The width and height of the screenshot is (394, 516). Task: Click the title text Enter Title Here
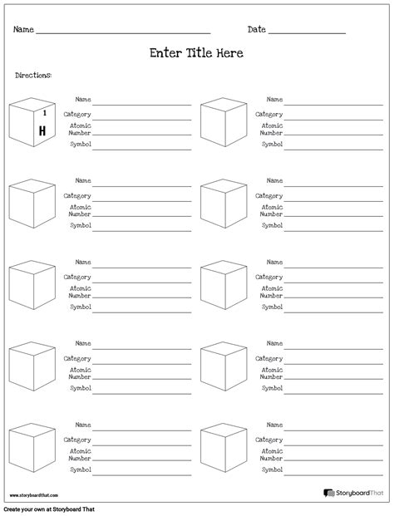pyautogui.click(x=196, y=53)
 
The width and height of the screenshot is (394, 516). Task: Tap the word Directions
pyautogui.click(x=33, y=76)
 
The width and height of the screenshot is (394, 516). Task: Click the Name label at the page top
pyautogui.click(x=23, y=30)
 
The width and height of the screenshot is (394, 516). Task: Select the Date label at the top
pyautogui.click(x=256, y=30)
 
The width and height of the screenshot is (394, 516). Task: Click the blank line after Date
pyautogui.click(x=307, y=32)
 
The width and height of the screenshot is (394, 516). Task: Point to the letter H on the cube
pyautogui.click(x=40, y=131)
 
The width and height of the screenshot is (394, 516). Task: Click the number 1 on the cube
pyautogui.click(x=44, y=111)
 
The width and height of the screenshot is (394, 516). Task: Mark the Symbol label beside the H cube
pyautogui.click(x=81, y=145)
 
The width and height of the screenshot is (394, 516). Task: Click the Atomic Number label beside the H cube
pyautogui.click(x=81, y=129)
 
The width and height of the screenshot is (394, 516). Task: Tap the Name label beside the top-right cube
pyautogui.click(x=274, y=99)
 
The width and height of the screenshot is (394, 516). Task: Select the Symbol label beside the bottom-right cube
pyautogui.click(x=272, y=469)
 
